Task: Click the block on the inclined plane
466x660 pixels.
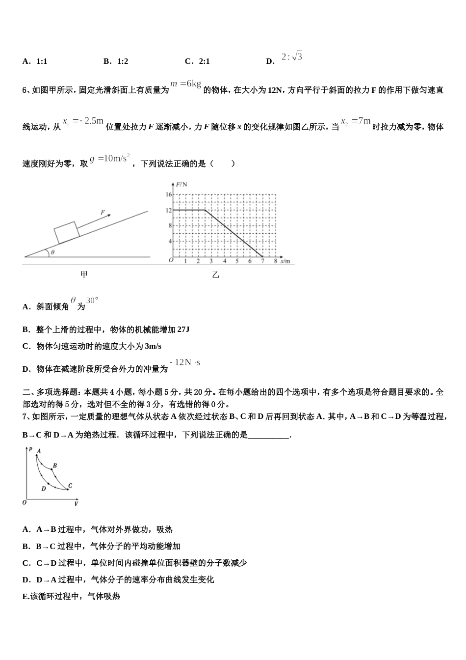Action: pyautogui.click(x=67, y=232)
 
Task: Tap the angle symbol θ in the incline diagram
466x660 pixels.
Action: pyautogui.click(x=52, y=252)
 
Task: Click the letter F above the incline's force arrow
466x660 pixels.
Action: pyautogui.click(x=103, y=213)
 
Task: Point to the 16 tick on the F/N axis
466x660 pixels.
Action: pyautogui.click(x=169, y=194)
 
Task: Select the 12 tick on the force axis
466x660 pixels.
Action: pyautogui.click(x=169, y=210)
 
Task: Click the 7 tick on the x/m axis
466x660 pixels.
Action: pyautogui.click(x=263, y=261)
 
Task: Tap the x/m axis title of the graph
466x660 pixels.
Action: pyautogui.click(x=285, y=261)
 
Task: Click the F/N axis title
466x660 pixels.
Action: pyautogui.click(x=181, y=184)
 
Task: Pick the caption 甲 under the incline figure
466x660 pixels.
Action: pyautogui.click(x=84, y=275)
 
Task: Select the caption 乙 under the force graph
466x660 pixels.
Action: pyautogui.click(x=216, y=275)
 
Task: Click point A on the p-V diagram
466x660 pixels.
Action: pyautogui.click(x=36, y=456)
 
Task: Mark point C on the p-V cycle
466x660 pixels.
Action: pyautogui.click(x=68, y=489)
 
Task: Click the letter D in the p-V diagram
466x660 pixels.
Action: pyautogui.click(x=44, y=489)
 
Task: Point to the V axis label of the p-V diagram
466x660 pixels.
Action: pyautogui.click(x=77, y=503)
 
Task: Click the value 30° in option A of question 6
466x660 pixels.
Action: pyautogui.click(x=92, y=301)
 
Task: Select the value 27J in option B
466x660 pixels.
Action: pyautogui.click(x=183, y=330)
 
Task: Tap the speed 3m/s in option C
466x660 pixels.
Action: pyautogui.click(x=153, y=346)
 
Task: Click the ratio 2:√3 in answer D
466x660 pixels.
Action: pyautogui.click(x=292, y=57)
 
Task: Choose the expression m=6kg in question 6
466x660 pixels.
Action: pyautogui.click(x=186, y=83)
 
